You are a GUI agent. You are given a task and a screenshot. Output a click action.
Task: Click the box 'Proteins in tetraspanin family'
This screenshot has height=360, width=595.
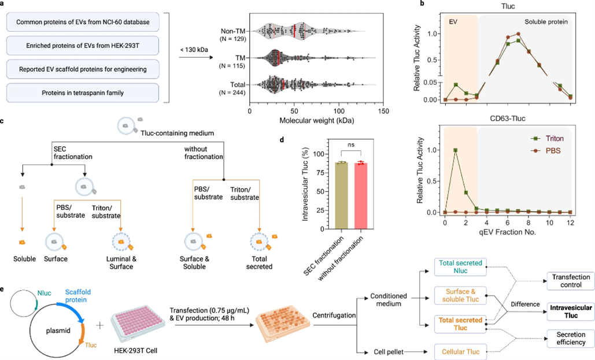pyautogui.click(x=83, y=92)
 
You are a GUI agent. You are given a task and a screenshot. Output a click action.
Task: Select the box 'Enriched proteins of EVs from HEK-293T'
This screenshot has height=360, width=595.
pyautogui.click(x=83, y=46)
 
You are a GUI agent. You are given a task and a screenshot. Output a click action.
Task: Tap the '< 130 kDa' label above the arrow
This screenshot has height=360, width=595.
pyautogui.click(x=194, y=50)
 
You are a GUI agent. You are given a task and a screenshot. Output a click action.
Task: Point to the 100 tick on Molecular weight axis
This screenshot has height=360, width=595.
pyautogui.click(x=339, y=111)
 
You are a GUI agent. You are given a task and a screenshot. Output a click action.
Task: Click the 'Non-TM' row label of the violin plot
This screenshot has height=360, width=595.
pyautogui.click(x=233, y=31)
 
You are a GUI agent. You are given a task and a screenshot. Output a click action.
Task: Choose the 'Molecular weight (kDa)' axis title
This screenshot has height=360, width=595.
pyautogui.click(x=316, y=121)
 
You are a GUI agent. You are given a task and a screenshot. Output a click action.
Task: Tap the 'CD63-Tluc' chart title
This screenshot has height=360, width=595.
pyautogui.click(x=508, y=118)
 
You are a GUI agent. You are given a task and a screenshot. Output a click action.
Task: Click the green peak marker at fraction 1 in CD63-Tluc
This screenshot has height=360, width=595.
pyautogui.click(x=456, y=150)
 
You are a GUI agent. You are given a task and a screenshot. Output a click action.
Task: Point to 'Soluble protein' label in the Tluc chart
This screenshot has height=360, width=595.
pyautogui.click(x=546, y=22)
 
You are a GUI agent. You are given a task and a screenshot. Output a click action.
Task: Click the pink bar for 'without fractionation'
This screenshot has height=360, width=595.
pyautogui.click(x=361, y=196)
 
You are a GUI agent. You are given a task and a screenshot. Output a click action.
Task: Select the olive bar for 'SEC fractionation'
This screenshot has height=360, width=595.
pyautogui.click(x=342, y=196)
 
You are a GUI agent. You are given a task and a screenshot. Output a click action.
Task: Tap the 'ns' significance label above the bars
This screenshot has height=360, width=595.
pyautogui.click(x=351, y=144)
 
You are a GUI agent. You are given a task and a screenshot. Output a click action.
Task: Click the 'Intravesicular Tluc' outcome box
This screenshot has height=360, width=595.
pyautogui.click(x=571, y=311)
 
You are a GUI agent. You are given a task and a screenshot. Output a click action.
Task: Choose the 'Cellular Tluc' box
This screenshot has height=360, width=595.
pyautogui.click(x=460, y=352)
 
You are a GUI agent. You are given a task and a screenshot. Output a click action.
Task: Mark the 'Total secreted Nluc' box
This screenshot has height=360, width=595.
pyautogui.click(x=460, y=267)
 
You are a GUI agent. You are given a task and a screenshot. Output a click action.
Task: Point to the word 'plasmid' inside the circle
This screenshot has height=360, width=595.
pyautogui.click(x=58, y=331)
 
